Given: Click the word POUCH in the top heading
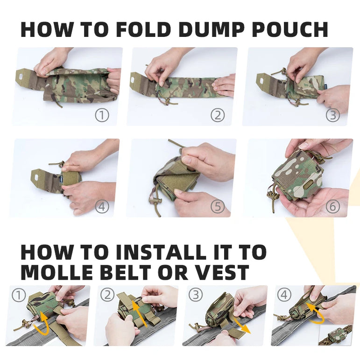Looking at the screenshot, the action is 290,29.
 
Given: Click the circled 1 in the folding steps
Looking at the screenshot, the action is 102,115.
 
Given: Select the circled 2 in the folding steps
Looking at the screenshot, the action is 218,115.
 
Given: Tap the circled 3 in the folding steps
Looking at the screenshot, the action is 332,115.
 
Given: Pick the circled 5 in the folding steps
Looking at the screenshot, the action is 218,206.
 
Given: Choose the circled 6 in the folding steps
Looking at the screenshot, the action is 332,206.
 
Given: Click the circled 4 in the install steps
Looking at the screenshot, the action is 284,295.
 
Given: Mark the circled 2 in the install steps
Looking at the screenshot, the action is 107,295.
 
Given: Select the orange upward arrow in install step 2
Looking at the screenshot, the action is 139,313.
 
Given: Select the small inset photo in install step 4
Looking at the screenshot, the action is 335,336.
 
